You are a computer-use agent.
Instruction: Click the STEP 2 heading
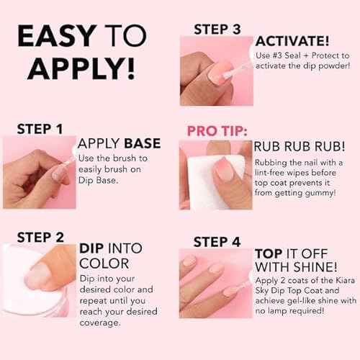40,237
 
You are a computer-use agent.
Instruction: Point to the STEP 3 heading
217,29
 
